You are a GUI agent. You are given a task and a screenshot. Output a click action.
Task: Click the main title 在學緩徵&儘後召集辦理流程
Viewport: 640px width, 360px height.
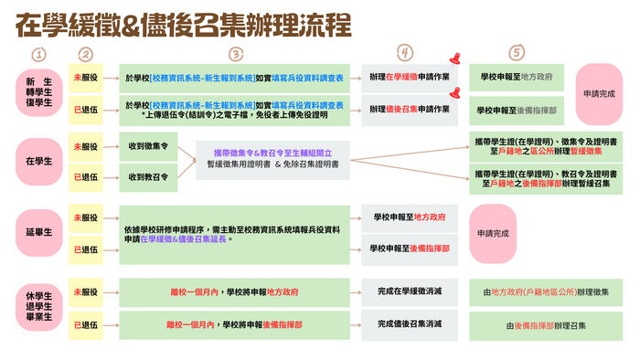[x=183, y=25]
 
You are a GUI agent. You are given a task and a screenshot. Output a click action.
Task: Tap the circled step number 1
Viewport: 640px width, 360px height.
[x=37, y=55]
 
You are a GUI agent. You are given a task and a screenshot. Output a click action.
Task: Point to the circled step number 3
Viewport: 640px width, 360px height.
[x=236, y=55]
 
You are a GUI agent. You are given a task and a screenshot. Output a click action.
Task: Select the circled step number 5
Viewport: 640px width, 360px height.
[x=517, y=55]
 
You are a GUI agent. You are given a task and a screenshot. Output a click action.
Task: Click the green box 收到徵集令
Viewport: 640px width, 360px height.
[x=148, y=146]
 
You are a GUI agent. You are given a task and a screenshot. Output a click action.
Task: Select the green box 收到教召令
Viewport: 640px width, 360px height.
[x=148, y=175]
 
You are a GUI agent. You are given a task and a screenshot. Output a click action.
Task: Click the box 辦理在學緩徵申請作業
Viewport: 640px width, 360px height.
[x=409, y=79]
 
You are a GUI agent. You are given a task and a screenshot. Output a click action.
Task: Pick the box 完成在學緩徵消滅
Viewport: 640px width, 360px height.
[x=410, y=292]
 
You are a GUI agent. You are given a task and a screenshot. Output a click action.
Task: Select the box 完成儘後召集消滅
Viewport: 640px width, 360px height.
[x=410, y=324]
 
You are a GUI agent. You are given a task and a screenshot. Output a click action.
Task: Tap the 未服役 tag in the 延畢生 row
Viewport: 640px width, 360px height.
[x=85, y=218]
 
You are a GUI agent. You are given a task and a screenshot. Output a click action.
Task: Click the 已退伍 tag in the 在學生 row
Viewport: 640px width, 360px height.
[x=85, y=175]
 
